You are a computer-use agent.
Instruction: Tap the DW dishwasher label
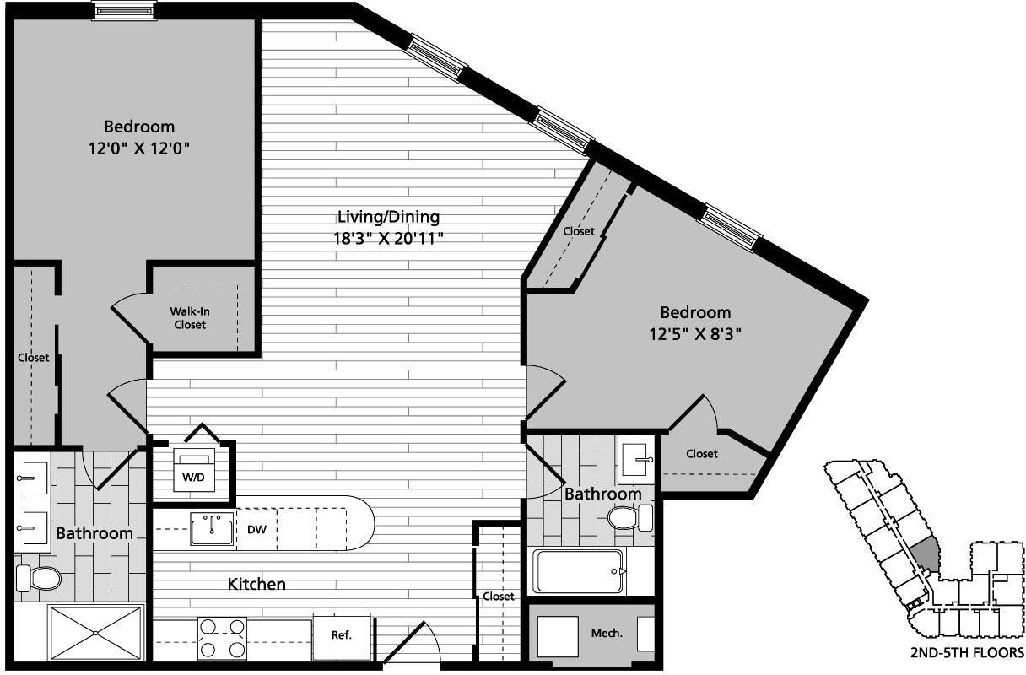pos(257,531)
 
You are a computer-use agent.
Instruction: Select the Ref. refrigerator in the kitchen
pos(341,634)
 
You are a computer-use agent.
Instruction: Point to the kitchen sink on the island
pos(212,530)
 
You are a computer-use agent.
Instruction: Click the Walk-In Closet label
pos(190,317)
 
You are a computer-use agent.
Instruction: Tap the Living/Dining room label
pos(388,217)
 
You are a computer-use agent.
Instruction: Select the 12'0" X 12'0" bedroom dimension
pos(139,148)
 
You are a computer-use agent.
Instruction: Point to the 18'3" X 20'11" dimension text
pos(388,238)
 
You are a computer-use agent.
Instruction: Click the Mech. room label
pos(607,633)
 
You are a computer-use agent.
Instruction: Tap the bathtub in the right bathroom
pos(578,571)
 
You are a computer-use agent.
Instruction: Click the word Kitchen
pos(256,584)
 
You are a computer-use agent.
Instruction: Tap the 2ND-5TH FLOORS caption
pos(967,652)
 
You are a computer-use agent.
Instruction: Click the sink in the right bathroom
pos(636,459)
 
